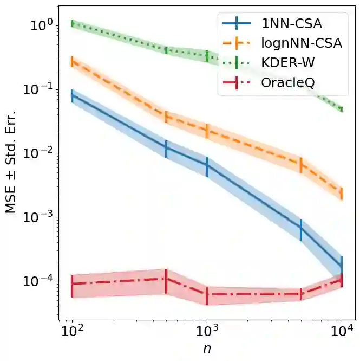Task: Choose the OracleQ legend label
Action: [292, 83]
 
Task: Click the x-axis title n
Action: [207, 349]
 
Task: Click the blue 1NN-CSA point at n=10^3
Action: [207, 166]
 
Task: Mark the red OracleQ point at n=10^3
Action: [207, 295]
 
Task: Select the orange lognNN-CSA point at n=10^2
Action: [72, 61]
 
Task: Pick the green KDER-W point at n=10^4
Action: [342, 109]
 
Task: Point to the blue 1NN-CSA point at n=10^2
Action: [72, 96]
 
